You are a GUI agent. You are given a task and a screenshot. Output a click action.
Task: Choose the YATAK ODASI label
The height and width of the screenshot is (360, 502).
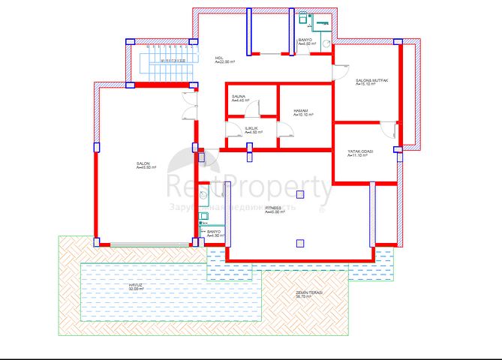(359, 152)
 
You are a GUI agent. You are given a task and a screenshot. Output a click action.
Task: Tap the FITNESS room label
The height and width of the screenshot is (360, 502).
(273, 209)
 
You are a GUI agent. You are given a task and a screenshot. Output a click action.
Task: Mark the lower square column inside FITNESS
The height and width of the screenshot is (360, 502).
(300, 242)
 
